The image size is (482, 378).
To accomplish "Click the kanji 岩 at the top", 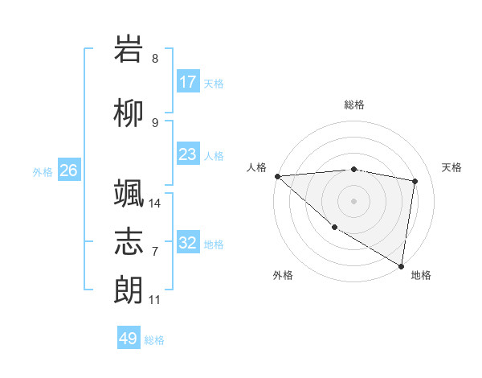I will click(129, 50).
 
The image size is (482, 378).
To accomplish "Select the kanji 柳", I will click(129, 114).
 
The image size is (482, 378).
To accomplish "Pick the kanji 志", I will click(129, 242).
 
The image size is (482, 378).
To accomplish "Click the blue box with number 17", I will click(188, 82).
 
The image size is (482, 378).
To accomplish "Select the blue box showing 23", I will click(188, 154).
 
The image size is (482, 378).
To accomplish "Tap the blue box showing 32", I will click(188, 243).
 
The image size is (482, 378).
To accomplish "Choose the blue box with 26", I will click(68, 171).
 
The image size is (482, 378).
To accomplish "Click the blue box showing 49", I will click(129, 339).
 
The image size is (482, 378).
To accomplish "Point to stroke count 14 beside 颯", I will click(156, 203).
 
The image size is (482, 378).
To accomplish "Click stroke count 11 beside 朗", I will click(155, 300).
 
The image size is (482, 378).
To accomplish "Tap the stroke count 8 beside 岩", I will click(155, 59).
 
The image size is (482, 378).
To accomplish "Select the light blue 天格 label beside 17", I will click(214, 83).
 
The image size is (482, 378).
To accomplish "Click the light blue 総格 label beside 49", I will click(154, 339).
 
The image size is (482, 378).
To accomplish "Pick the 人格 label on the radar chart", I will click(257, 167).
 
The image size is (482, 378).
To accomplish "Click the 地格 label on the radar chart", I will click(421, 275).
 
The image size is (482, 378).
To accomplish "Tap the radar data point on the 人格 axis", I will click(277, 176).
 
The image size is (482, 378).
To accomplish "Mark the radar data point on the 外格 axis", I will click(334, 227).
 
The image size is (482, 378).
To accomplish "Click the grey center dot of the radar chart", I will click(353, 199).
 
